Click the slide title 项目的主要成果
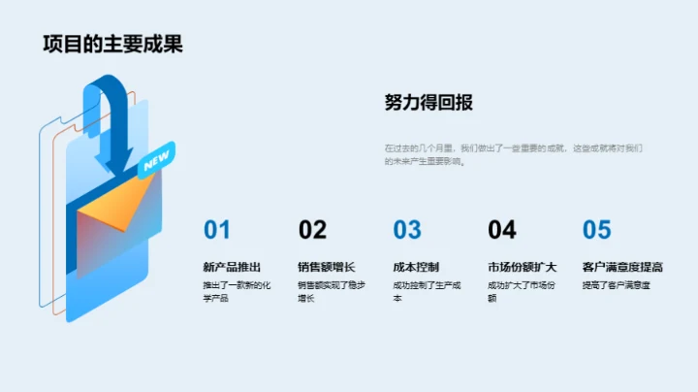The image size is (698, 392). [x=112, y=45]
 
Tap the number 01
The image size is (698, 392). [x=217, y=230]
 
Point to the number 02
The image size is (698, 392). [x=312, y=230]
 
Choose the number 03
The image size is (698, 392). [x=407, y=230]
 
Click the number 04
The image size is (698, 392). [x=502, y=230]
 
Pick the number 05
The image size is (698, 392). [x=597, y=230]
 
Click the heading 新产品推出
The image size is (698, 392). [x=232, y=267]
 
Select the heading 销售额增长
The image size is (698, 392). [x=327, y=267]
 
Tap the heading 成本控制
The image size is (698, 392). [x=416, y=267]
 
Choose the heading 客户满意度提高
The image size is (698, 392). [x=622, y=267]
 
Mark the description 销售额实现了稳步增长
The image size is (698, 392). [x=331, y=291]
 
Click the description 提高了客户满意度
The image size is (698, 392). [x=616, y=285]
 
